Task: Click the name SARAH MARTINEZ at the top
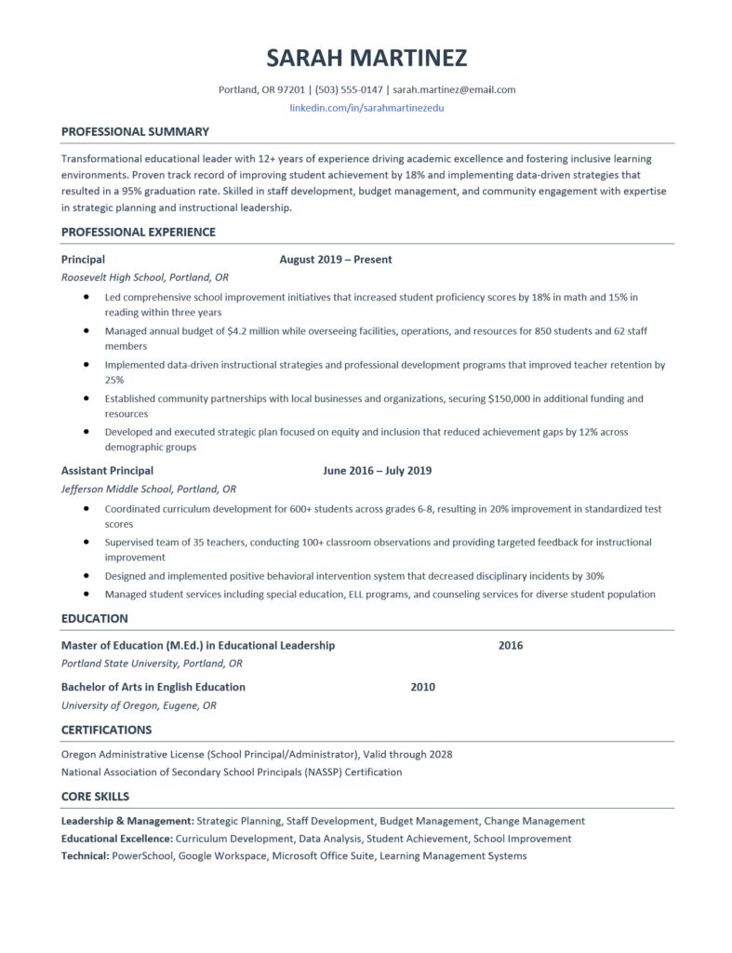(366, 58)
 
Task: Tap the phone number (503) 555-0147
(349, 90)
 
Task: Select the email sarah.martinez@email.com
(454, 90)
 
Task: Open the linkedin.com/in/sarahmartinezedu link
(366, 109)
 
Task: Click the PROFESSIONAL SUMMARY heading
(135, 131)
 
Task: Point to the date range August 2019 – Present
(336, 260)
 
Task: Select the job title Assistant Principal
(107, 471)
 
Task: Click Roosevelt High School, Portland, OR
(145, 277)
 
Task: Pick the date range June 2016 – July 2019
(377, 471)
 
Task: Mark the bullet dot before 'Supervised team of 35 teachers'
(86, 541)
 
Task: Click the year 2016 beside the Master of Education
(511, 645)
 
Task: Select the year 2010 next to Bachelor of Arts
(422, 687)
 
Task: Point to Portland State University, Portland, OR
(152, 664)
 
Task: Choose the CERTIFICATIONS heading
(106, 730)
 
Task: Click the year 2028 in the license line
(437, 754)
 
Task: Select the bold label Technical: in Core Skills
(86, 855)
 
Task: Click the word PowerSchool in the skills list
(142, 855)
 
